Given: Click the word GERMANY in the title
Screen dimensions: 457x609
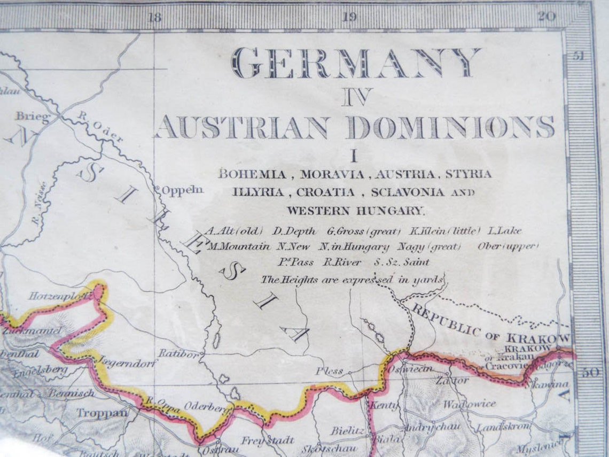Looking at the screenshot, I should tap(355, 64).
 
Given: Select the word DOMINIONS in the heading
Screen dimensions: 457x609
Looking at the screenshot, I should tap(450, 127).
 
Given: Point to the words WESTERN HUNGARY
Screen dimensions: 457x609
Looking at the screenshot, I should tap(355, 211).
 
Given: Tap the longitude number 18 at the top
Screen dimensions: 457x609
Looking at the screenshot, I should tap(154, 18).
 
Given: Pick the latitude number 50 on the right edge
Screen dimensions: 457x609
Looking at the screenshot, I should tap(590, 373).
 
